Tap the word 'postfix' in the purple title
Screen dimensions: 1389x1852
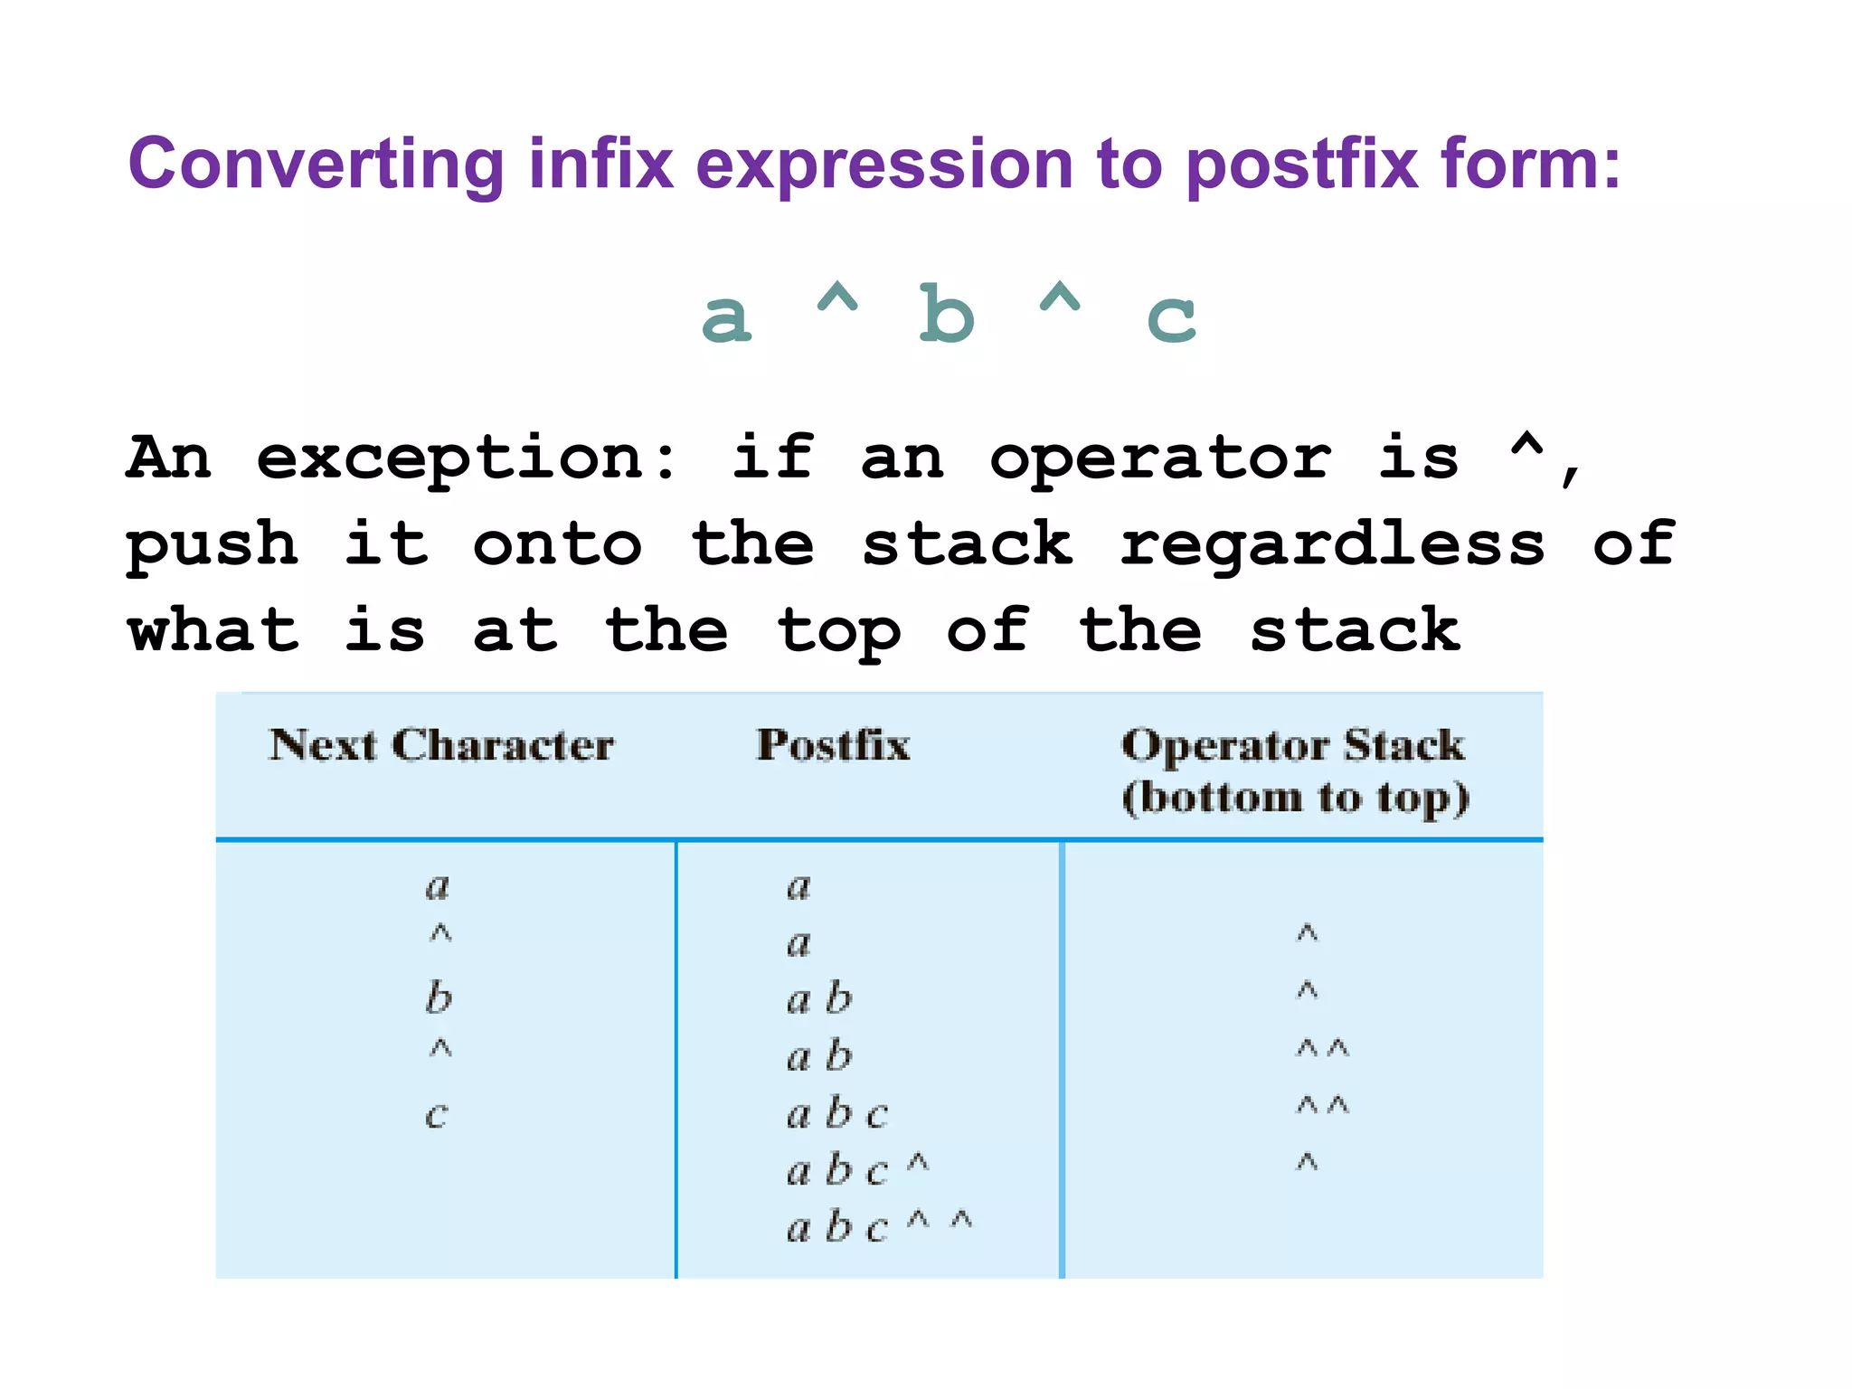tap(1301, 165)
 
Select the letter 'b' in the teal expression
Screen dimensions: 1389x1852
tap(946, 314)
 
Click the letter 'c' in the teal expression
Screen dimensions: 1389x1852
tap(1170, 318)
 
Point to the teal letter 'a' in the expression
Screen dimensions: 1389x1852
tap(726, 318)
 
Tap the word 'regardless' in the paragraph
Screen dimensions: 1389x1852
tap(1332, 544)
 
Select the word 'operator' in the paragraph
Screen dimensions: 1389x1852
tap(1160, 458)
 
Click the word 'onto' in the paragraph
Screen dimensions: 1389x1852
tap(557, 544)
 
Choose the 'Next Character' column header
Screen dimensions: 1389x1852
tap(441, 745)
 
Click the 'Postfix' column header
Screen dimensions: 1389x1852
tap(833, 745)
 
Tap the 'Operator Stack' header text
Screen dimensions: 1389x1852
tap(1293, 745)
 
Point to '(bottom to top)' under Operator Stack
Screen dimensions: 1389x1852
tap(1295, 798)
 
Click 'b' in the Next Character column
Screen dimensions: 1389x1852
tap(439, 997)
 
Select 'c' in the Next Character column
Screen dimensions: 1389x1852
tap(437, 1114)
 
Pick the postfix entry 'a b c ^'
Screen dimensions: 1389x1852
tap(857, 1170)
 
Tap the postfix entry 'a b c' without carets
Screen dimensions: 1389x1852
tap(836, 1113)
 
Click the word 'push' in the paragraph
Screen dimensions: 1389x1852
tap(213, 546)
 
